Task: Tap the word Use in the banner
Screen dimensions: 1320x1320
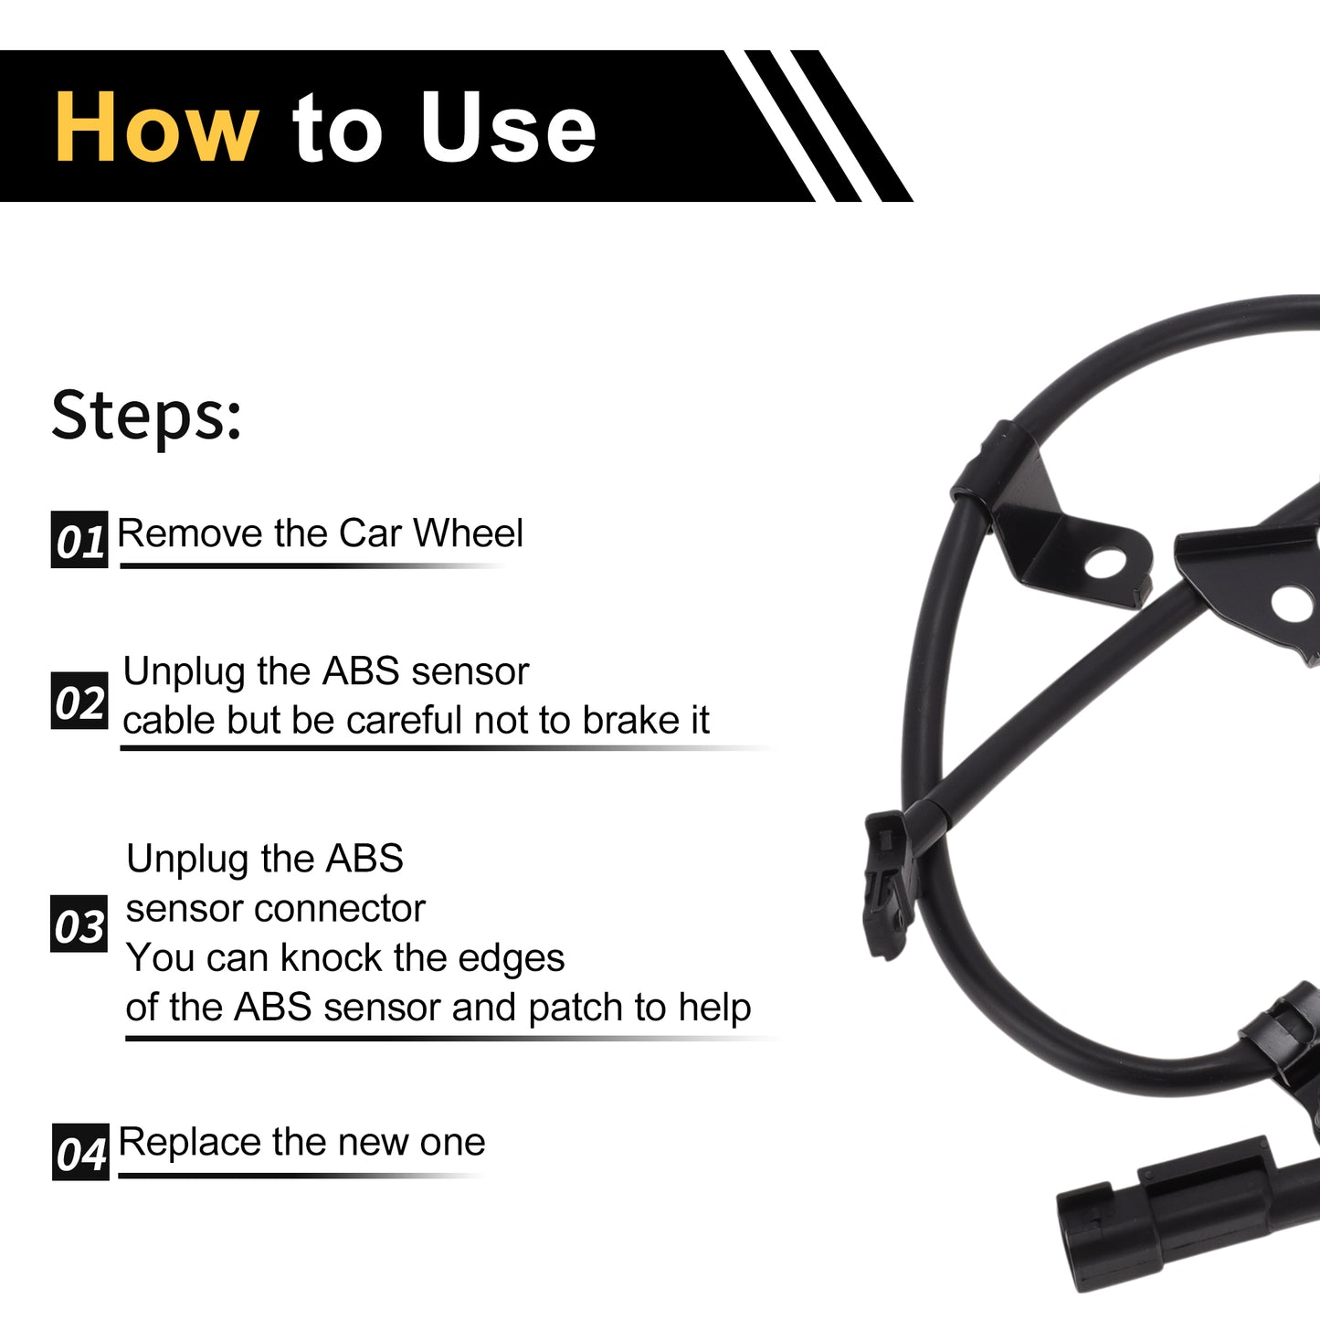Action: click(508, 127)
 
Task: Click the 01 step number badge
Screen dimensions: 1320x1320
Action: click(79, 540)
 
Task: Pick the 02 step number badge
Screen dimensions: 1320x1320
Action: click(79, 701)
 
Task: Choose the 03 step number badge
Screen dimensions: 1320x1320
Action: click(79, 924)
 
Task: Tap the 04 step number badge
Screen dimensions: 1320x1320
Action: click(80, 1152)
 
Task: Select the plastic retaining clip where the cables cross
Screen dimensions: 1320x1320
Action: click(889, 883)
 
